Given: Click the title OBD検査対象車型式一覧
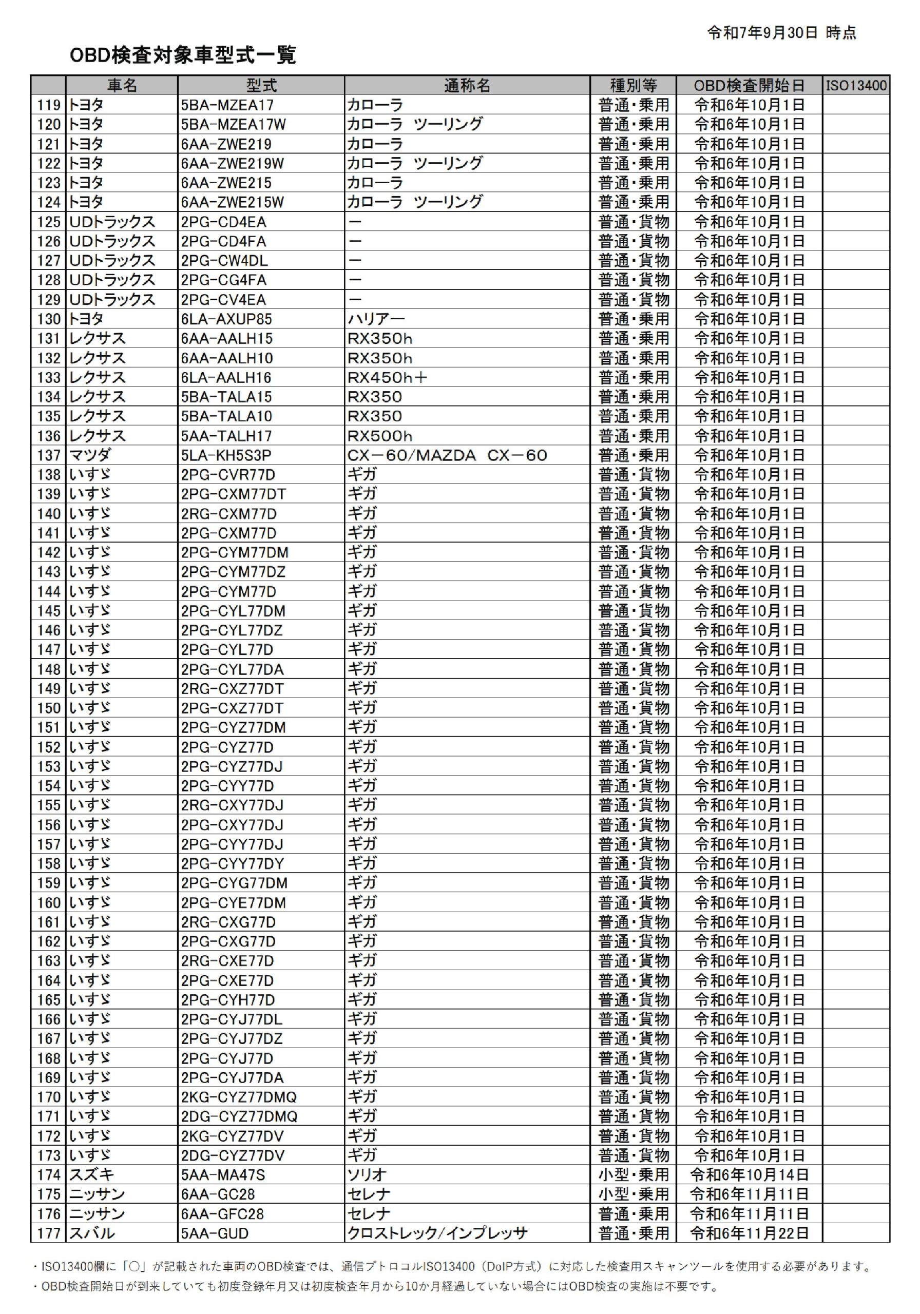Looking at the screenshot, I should tap(183, 55).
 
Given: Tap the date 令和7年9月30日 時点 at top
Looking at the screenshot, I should tap(781, 33).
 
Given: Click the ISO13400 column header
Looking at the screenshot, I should tap(856, 86).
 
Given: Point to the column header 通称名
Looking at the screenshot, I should tap(467, 86).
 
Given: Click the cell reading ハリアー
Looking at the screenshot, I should tap(376, 319).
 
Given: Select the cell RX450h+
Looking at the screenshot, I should tap(388, 378).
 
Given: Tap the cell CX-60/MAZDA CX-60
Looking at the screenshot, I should tap(447, 456).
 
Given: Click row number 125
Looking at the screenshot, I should tap(49, 222).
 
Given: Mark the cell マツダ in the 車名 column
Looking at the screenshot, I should tap(90, 456).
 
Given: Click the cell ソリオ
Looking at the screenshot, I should tap(367, 1175).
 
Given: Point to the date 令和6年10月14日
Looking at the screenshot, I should tap(749, 1175).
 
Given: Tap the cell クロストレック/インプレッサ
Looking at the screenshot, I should tap(437, 1234).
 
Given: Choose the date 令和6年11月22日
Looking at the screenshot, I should tap(749, 1234).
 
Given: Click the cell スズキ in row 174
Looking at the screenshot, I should tap(91, 1175).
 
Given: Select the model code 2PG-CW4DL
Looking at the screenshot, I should tap(224, 261).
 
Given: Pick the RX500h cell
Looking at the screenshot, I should tap(379, 436).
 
